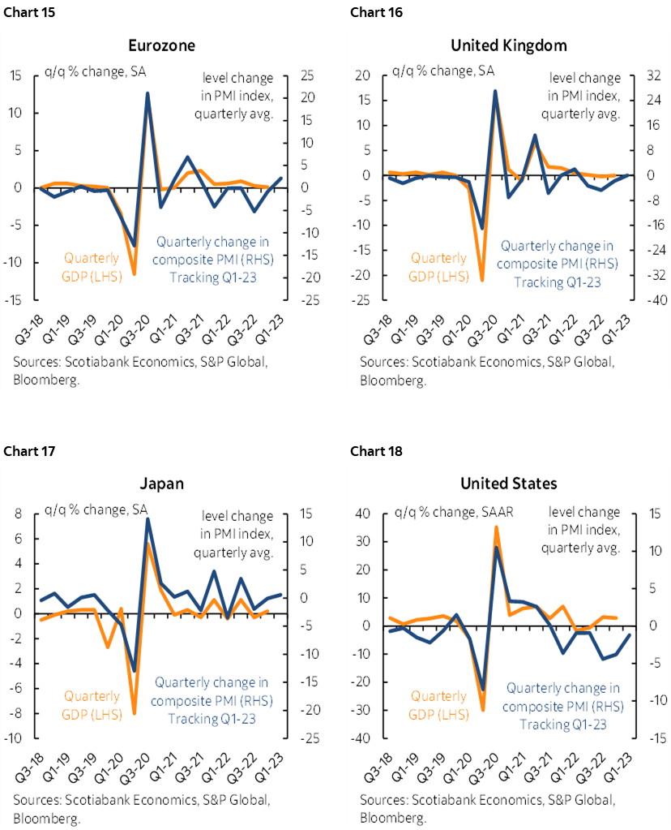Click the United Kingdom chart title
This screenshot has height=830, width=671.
point(509,45)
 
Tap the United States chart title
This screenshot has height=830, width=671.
point(509,484)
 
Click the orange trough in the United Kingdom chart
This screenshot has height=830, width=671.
point(482,280)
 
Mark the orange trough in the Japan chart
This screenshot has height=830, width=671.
point(135,712)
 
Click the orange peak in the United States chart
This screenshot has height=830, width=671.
point(496,527)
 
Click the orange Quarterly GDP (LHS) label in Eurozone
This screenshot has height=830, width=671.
point(92,267)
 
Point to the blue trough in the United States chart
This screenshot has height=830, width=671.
point(483,689)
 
